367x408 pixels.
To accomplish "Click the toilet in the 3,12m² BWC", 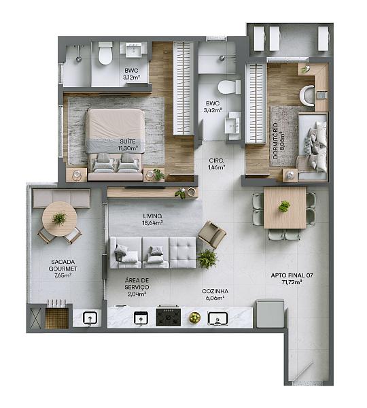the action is click(105, 53).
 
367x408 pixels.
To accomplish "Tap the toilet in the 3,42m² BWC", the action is click(229, 87).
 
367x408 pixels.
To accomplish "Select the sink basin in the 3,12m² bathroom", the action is click(133, 50).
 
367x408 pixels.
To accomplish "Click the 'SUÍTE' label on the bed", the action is click(128, 141).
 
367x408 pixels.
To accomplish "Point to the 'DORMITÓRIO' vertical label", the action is click(275, 141).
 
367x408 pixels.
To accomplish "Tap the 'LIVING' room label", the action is click(152, 216).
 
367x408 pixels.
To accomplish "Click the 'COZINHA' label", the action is click(215, 291).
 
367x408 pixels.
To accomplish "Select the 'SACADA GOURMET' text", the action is click(63, 265).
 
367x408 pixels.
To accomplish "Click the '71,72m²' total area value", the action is click(292, 282).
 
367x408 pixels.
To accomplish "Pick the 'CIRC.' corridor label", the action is click(216, 160).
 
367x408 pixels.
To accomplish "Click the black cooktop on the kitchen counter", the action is click(169, 316).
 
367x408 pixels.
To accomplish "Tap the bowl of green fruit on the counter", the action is click(194, 318).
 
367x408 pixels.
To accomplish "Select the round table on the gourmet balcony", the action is click(60, 219).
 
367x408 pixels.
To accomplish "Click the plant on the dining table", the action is click(284, 207).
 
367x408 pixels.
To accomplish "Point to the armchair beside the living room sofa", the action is click(212, 235).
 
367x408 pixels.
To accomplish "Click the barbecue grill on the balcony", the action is click(57, 317).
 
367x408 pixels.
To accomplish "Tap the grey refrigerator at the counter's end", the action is click(270, 313).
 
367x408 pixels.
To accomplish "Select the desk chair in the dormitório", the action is click(307, 95).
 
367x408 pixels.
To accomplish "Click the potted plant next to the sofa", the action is click(207, 258).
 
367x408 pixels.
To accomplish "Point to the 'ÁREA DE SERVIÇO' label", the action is click(137, 284).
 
